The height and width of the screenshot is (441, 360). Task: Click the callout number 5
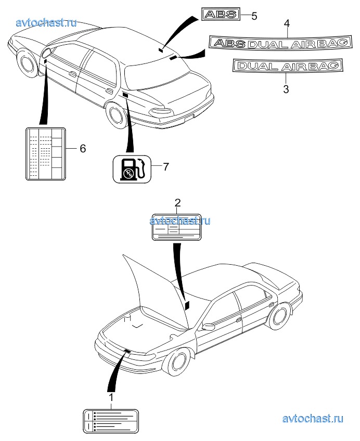254,16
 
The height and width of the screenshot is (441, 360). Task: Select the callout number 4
286,23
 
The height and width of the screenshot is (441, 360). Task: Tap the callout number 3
286,89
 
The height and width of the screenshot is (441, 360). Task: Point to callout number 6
82,148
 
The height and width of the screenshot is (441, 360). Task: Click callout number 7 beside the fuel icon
166,166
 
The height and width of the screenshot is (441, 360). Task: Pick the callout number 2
177,202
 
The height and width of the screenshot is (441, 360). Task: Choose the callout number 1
110,397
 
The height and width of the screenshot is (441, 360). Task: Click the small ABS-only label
221,15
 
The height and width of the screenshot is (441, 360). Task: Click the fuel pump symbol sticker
132,169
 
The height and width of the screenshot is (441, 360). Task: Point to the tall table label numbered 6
45,154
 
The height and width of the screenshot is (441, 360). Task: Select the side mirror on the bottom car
209,327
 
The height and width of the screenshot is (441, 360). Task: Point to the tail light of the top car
164,111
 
